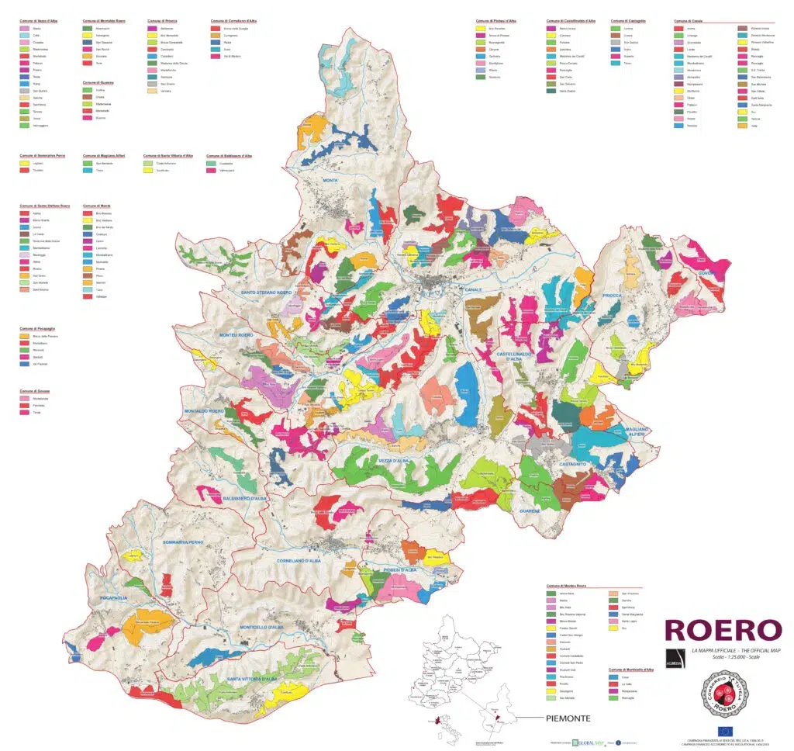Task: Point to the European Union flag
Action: click(x=725, y=732)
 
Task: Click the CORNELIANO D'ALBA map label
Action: click(x=305, y=559)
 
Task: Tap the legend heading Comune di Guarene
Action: click(x=98, y=81)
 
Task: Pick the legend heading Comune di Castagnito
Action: click(x=628, y=21)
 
